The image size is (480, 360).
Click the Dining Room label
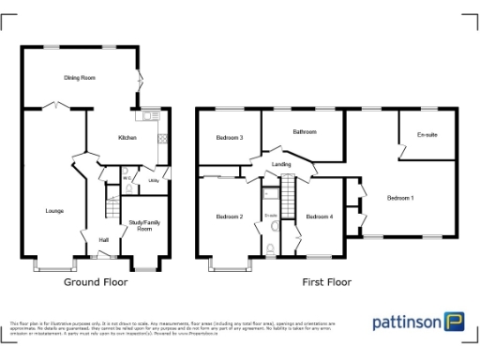point(81,78)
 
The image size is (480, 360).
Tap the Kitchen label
point(127,138)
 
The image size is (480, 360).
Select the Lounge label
point(54,211)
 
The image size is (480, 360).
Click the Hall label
point(103,241)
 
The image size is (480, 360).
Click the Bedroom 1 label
point(400,198)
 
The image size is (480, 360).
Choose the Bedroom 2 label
point(230,217)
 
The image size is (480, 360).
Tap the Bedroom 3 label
point(230,138)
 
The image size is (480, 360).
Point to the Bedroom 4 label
point(320,217)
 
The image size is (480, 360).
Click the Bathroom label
point(305,132)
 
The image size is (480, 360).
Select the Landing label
point(281,165)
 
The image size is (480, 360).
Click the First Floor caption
point(326,281)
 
